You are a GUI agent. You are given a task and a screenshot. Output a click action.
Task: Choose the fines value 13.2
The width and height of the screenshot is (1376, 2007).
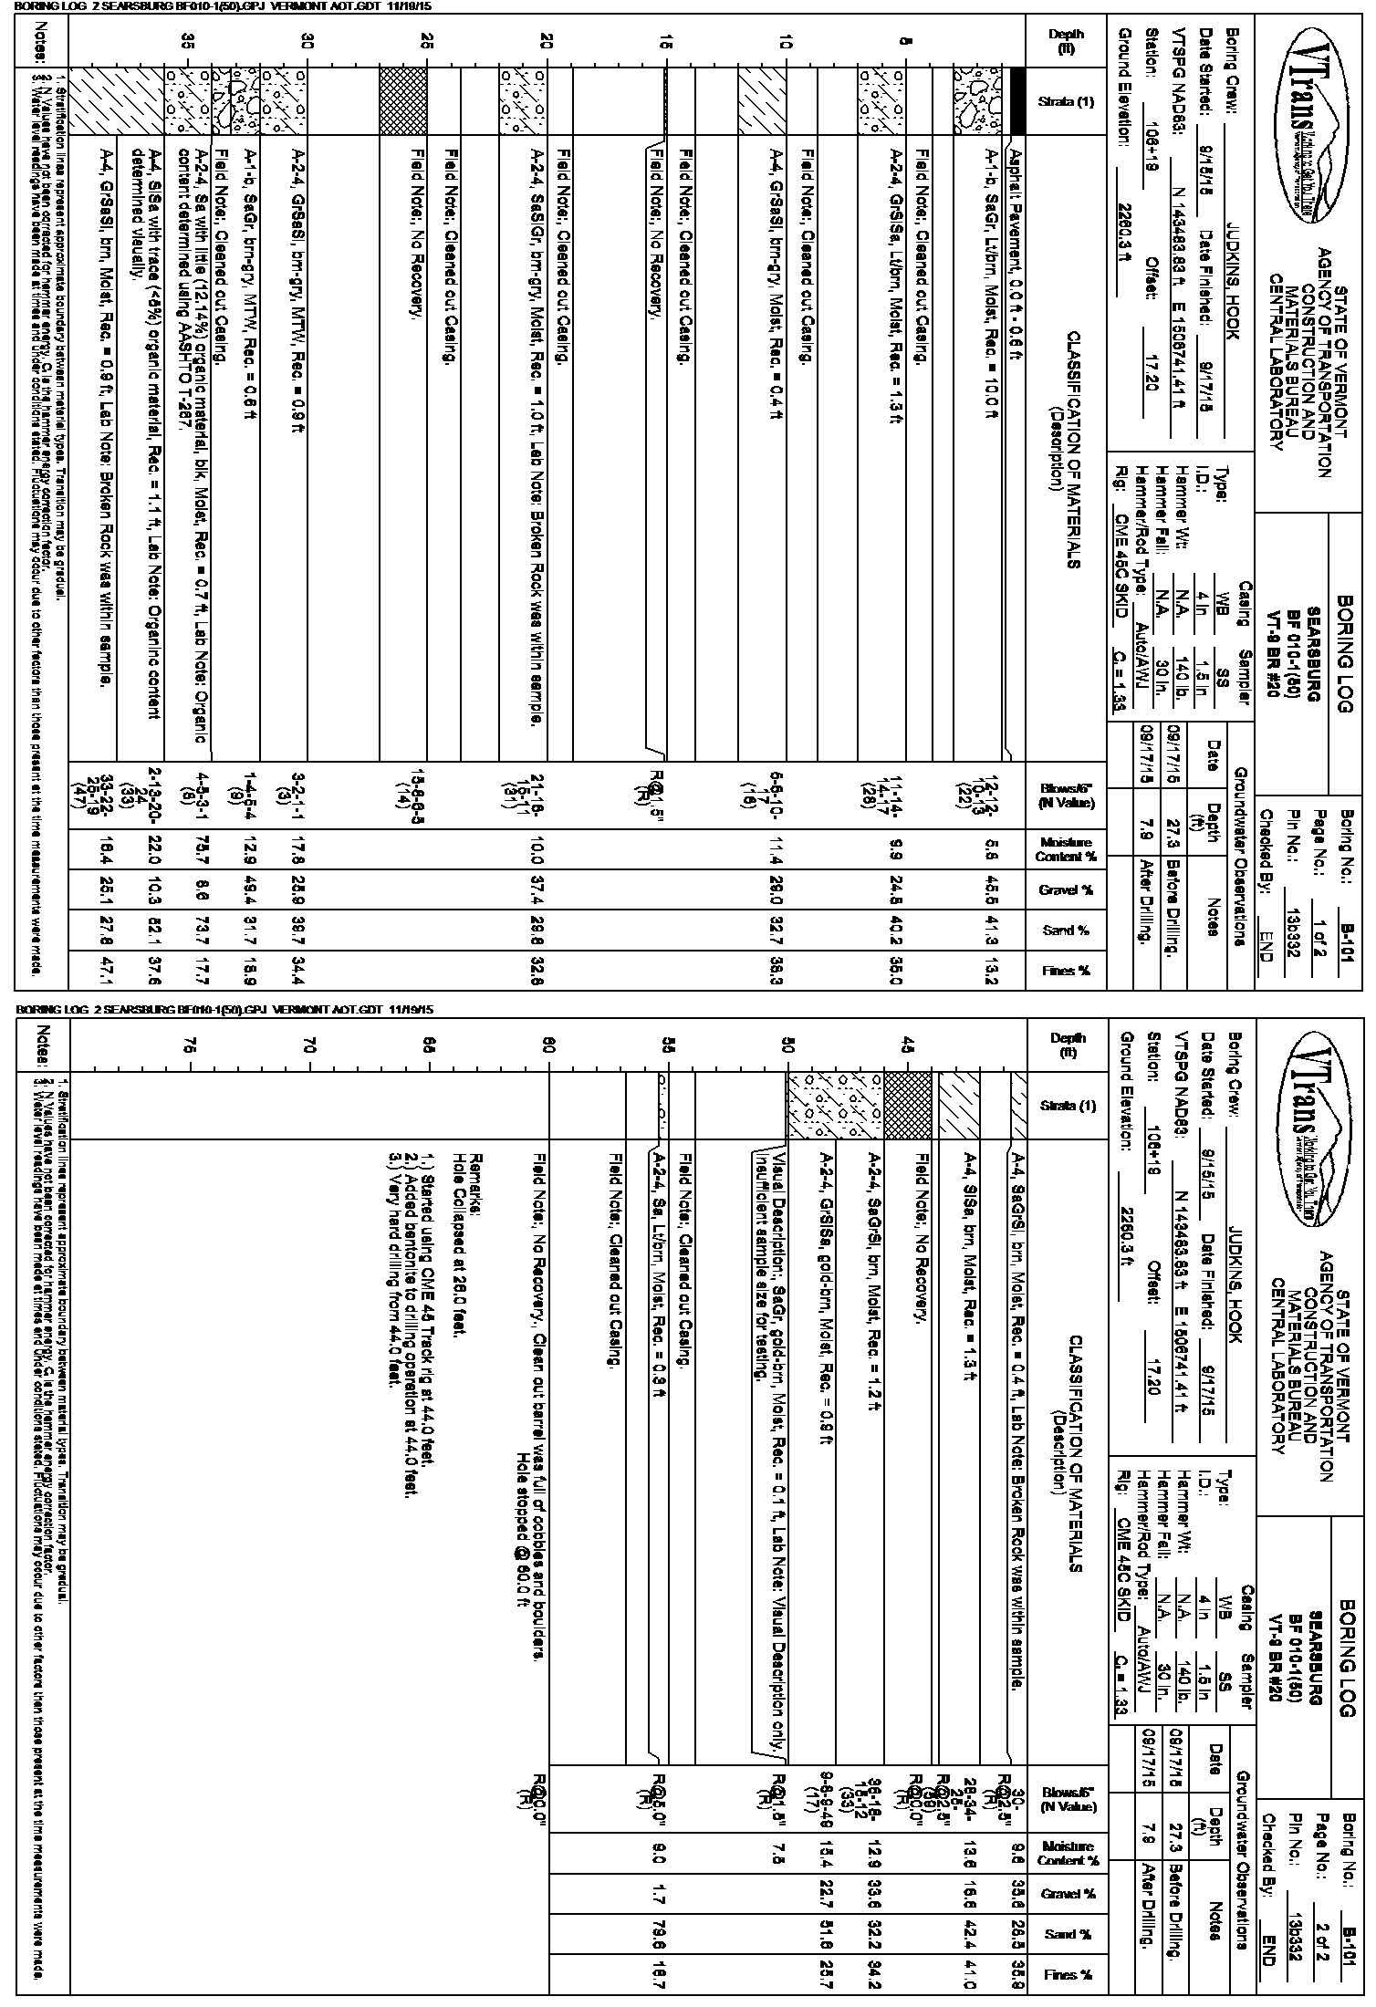pyautogui.click(x=991, y=970)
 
